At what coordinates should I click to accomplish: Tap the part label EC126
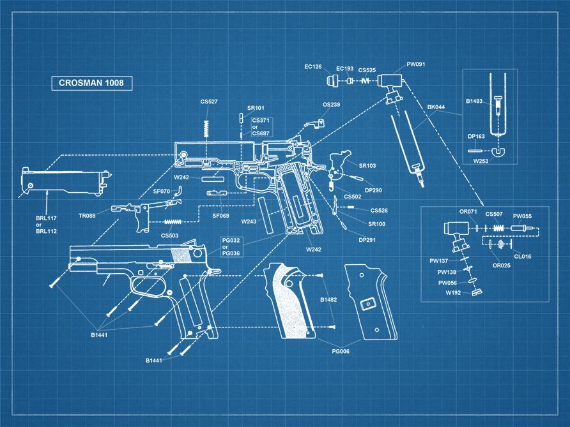313,67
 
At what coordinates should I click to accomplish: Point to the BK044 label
436,108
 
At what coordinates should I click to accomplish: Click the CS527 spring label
209,101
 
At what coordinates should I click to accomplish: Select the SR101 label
256,108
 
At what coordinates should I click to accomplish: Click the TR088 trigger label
88,216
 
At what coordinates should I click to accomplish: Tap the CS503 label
169,236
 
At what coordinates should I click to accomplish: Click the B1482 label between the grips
328,299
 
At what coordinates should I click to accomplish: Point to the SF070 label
162,191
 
